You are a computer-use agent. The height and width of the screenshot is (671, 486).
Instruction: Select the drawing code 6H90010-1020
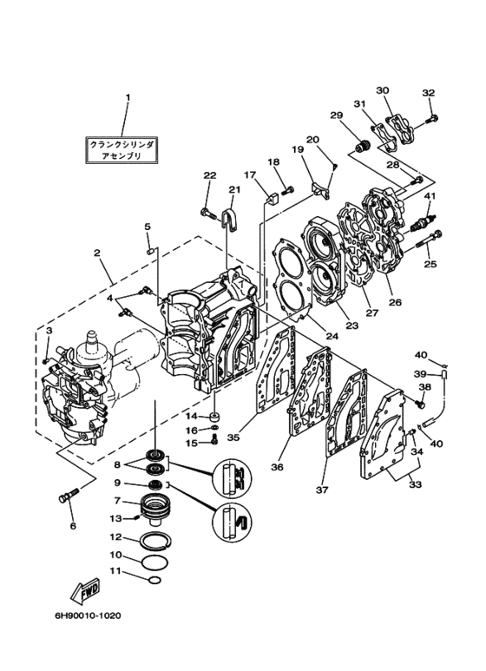pos(88,615)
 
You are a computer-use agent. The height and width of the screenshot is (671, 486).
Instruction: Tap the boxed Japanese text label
pos(121,150)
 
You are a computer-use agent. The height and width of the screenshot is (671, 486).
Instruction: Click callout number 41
pos(430,196)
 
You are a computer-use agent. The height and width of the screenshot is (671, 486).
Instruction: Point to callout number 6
pos(73,526)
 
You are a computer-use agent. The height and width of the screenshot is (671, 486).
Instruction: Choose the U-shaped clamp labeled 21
pos(229,220)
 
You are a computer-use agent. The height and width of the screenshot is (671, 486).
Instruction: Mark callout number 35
pos(233,437)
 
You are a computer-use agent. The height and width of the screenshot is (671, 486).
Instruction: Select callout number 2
pos(97,253)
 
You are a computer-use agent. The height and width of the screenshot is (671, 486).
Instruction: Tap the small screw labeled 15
pos(214,438)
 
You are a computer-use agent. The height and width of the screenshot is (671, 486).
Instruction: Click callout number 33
pos(416,484)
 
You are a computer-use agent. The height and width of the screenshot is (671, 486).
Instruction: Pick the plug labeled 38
pos(420,402)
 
